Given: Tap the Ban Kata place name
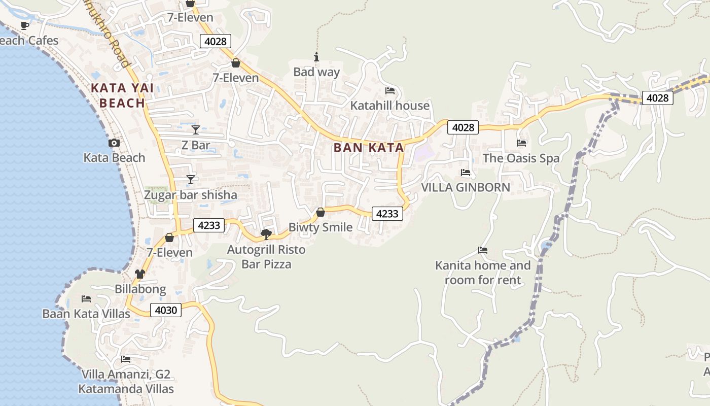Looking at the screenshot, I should [x=369, y=148].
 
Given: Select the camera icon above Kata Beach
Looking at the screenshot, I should [x=114, y=143].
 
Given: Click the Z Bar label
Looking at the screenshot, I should [x=196, y=146].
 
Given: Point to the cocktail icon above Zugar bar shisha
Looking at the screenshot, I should [x=191, y=180].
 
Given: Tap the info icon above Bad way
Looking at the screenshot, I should [x=316, y=57].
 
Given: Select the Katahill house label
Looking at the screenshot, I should [x=390, y=106].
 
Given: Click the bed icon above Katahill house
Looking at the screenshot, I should [x=390, y=91].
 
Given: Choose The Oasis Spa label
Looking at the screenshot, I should [x=521, y=158].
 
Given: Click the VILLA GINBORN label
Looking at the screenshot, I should [x=466, y=187].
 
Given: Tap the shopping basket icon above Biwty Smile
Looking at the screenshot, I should [x=321, y=212].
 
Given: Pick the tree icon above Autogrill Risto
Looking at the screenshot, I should [x=266, y=234].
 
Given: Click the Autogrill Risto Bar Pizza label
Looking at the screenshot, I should [x=266, y=257].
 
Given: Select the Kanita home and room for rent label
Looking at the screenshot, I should [x=483, y=273].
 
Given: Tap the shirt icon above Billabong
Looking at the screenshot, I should [x=140, y=274].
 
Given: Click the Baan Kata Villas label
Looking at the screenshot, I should [x=86, y=314].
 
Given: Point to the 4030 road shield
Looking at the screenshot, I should [x=166, y=310].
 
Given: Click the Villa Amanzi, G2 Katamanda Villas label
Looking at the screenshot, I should [x=126, y=382].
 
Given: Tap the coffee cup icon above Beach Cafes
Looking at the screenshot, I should [x=25, y=25].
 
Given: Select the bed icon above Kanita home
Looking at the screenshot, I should [x=483, y=250].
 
